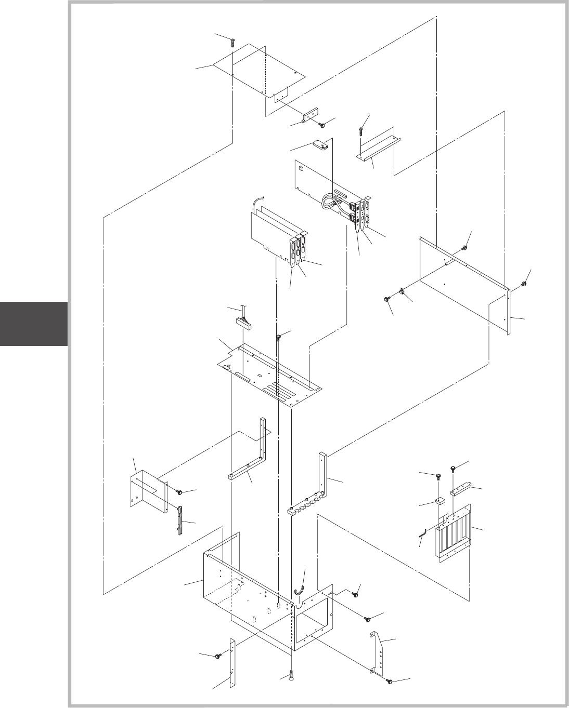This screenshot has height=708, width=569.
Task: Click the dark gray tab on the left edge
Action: tap(34, 324)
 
